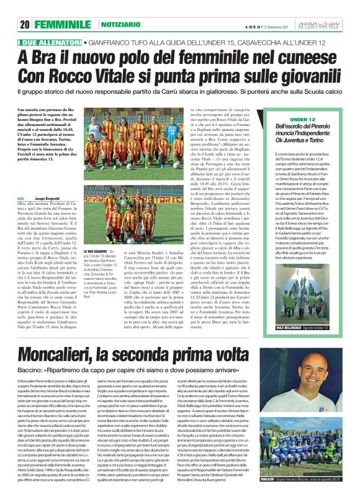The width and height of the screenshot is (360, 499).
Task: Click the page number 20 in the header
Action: (x=25, y=25)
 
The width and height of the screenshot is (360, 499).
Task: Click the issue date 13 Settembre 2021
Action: (x=276, y=25)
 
